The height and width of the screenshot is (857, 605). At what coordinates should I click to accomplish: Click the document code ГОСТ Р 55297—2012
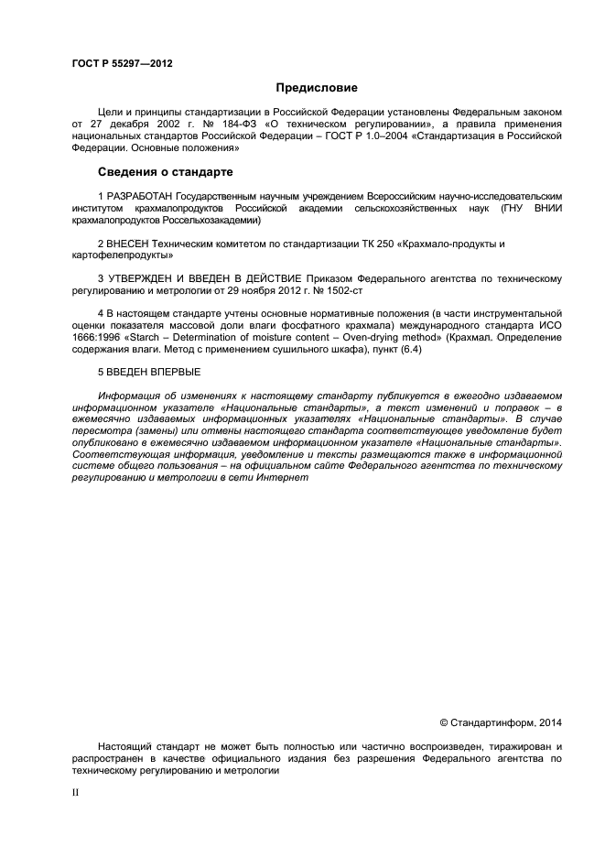121,63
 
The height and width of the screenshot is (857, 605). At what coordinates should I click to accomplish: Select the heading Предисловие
317,88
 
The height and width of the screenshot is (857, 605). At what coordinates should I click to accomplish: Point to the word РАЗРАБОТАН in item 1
138,196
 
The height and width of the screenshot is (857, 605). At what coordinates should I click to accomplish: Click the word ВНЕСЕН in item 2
128,244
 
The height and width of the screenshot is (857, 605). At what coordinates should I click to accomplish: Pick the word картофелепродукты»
122,255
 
